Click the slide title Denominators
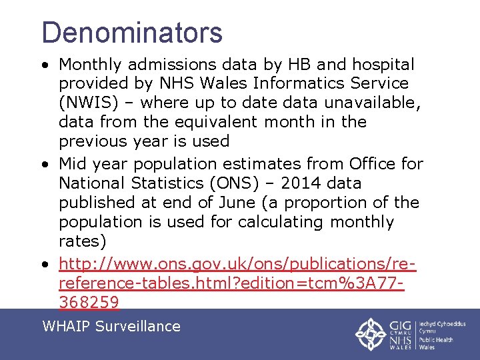click(x=132, y=32)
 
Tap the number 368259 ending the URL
click(x=89, y=303)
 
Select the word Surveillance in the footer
click(x=138, y=326)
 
